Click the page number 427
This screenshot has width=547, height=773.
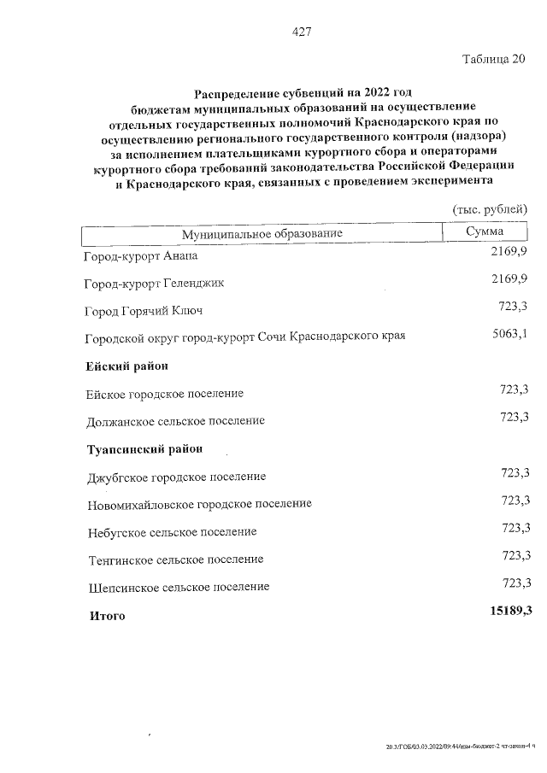[300, 32]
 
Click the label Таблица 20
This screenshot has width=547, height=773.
[494, 59]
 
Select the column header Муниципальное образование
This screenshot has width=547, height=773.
[262, 233]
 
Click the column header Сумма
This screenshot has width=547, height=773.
[485, 231]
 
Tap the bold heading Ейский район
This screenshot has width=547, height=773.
[127, 366]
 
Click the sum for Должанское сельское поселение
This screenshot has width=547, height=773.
[515, 416]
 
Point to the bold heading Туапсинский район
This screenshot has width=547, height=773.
[145, 448]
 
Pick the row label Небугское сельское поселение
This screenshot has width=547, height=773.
[172, 531]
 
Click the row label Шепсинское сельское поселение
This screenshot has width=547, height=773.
[179, 587]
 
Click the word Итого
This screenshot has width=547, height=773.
[108, 615]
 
